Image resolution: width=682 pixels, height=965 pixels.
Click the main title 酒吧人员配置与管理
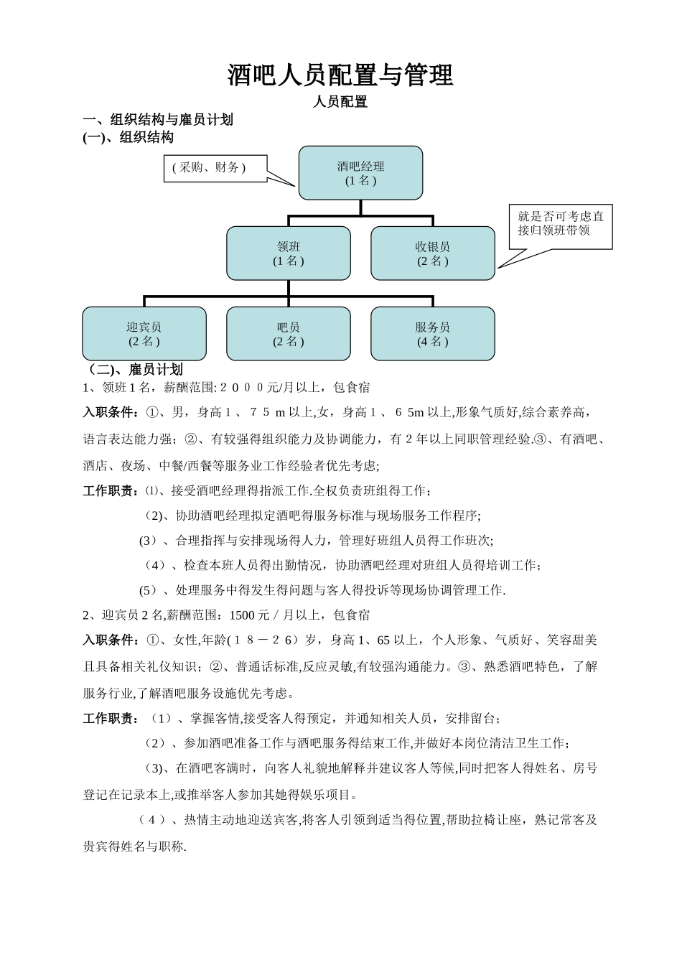point(340,75)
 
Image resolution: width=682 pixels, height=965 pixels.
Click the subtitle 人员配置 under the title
point(340,102)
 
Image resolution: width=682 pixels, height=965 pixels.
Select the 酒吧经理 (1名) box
point(360,173)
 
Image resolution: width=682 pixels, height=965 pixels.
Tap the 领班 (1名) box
point(289,253)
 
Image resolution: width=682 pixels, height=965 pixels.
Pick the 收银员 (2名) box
point(433,253)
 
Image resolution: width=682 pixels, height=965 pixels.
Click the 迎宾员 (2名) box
point(144,334)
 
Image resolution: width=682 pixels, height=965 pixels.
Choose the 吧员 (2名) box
point(289,334)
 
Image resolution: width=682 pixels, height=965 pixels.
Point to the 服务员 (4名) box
point(433,334)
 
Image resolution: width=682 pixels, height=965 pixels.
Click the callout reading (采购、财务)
point(209,168)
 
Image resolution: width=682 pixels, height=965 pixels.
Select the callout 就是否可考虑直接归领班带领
point(561,223)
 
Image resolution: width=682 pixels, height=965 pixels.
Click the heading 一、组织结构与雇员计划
point(158,120)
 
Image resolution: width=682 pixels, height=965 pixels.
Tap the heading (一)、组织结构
point(129,137)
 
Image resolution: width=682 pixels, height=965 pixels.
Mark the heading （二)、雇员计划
point(134,370)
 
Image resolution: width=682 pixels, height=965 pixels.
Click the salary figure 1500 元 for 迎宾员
point(248,615)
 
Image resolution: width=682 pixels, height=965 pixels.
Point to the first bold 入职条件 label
point(111,413)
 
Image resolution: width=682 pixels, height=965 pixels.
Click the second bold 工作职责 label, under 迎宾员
point(111,719)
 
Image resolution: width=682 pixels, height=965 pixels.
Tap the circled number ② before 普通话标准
point(216,667)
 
